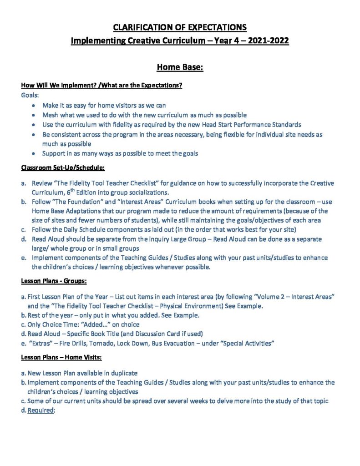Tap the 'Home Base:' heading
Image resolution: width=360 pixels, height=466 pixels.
click(180, 67)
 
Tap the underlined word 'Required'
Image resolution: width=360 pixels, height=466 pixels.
click(41, 410)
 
